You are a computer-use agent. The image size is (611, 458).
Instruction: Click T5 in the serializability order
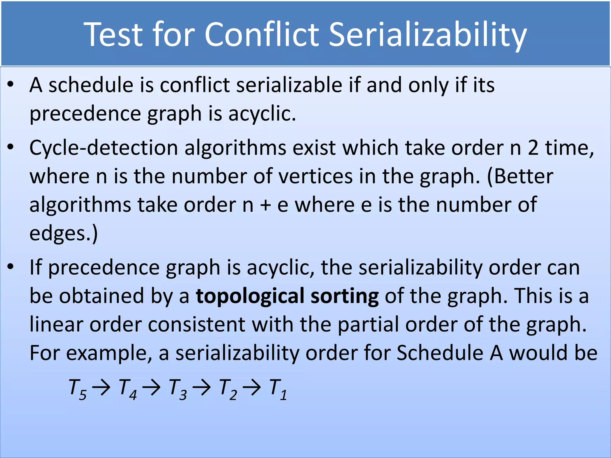click(77, 389)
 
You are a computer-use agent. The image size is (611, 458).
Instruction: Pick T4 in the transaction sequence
click(127, 389)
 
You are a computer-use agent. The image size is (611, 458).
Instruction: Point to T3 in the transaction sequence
click(178, 389)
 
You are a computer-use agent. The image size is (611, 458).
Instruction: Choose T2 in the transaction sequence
click(228, 389)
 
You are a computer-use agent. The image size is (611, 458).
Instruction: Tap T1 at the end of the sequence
click(278, 389)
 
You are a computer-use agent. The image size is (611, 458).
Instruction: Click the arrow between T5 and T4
click(101, 388)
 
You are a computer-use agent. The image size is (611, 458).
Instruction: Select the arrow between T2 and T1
click(252, 388)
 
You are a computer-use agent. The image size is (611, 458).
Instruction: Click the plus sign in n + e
click(265, 205)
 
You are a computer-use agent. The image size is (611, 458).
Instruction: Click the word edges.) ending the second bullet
click(64, 233)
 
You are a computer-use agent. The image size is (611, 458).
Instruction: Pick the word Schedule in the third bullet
click(440, 353)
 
